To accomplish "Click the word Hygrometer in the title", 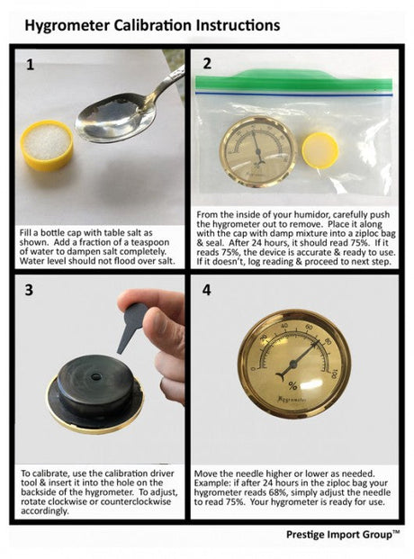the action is pos(67,26).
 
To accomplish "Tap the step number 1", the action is pos(30,65).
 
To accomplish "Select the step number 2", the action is pos(207,63).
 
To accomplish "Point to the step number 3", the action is pos(29,290).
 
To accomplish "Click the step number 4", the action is pos(206,290).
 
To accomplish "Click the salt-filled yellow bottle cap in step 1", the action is pos(47,144).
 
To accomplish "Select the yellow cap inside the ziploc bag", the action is pos(320,150).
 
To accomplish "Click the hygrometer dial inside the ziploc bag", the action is pos(257,151).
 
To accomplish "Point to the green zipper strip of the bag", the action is pos(293,82).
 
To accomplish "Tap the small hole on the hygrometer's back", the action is pos(95,376).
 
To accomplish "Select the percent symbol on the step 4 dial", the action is pos(292,386).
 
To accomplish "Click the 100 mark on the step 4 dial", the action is pos(334,374).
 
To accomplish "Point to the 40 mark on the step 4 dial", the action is pos(283,326).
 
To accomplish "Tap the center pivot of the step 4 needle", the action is pos(293,364).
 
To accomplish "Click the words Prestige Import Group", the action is pos(338,535).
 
